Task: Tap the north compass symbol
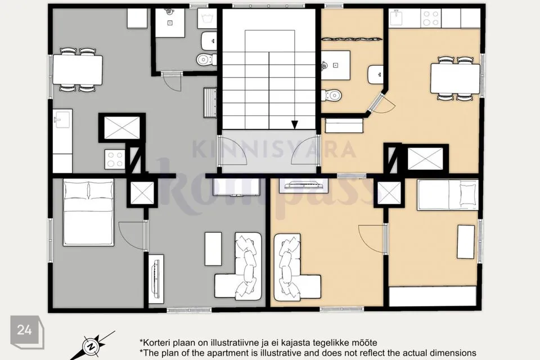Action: point(92,345)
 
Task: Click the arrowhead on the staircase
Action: point(294,125)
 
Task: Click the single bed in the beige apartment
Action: point(448,195)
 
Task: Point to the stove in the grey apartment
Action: point(115,159)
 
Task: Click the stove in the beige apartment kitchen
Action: point(431,18)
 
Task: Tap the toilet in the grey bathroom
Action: point(206,60)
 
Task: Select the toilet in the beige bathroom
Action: point(331,94)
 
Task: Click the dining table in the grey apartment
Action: point(78,70)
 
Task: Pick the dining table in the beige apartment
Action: point(455,79)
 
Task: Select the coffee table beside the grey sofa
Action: point(213,249)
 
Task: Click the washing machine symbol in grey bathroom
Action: point(207,18)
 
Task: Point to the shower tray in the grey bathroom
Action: point(170,22)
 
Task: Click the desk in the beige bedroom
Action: point(466,242)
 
